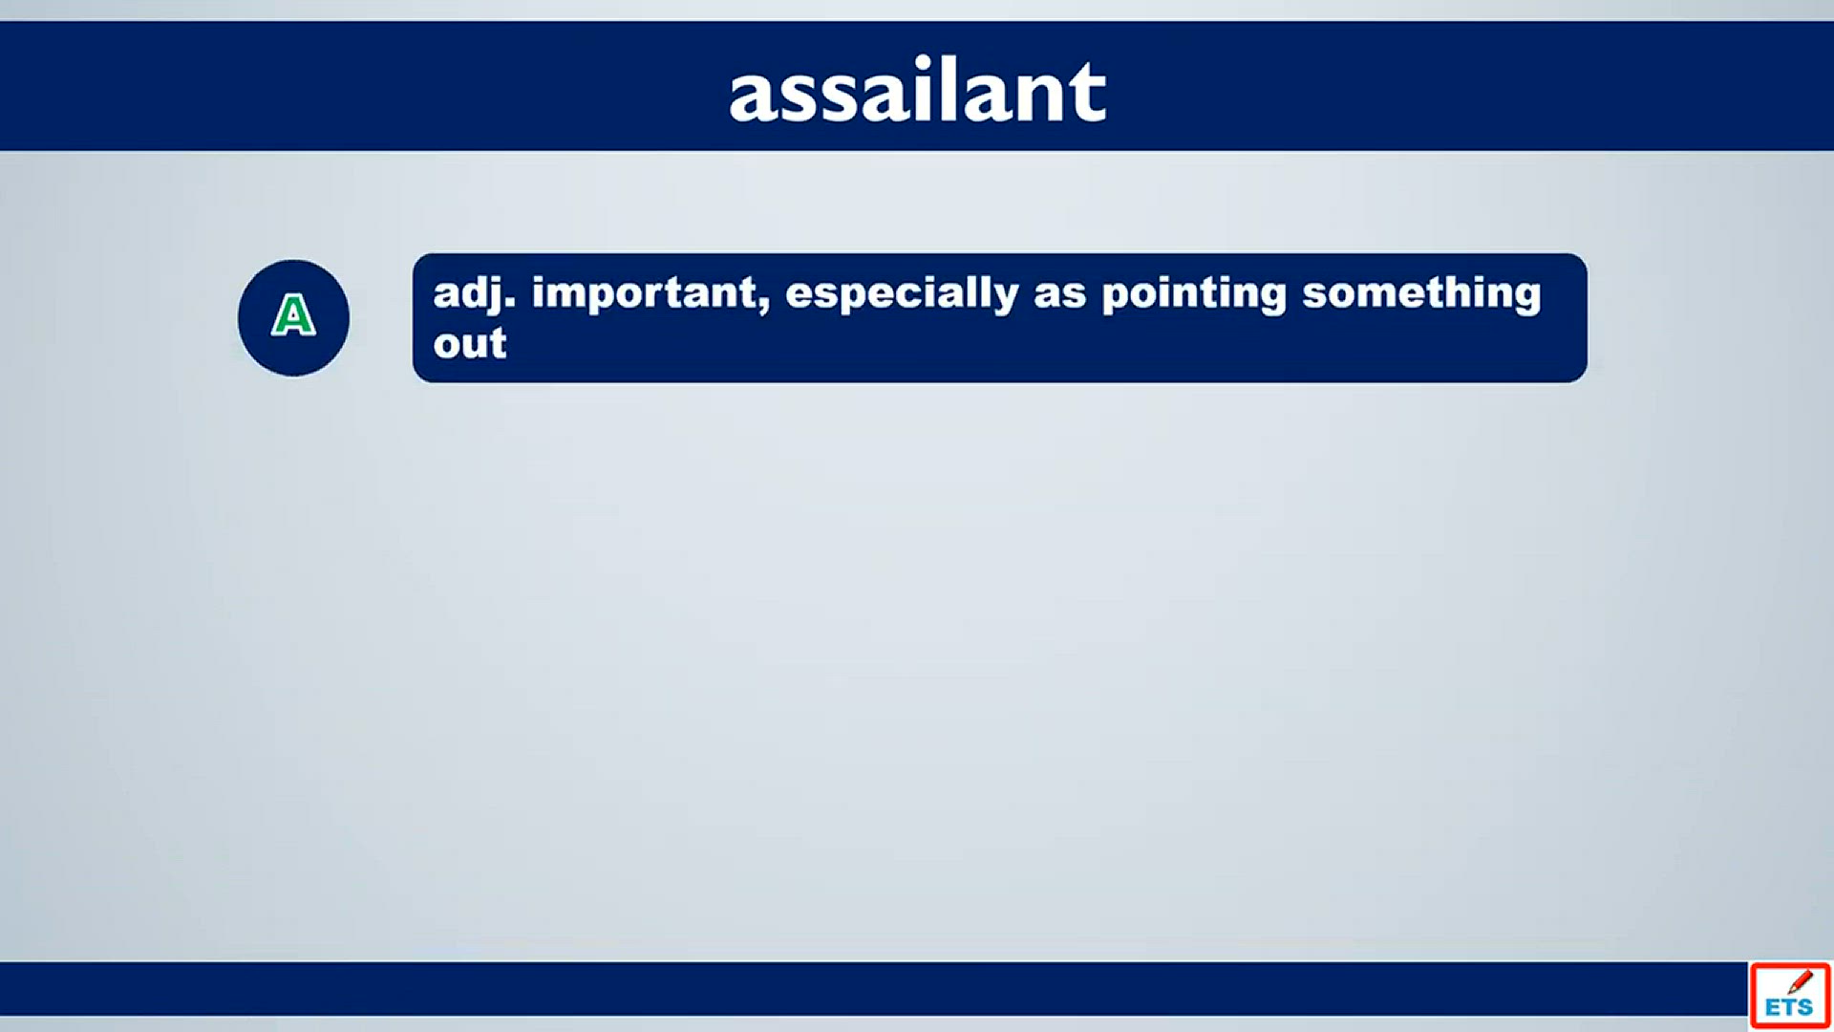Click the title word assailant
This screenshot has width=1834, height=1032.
coord(917,90)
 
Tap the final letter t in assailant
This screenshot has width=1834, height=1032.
coord(1086,94)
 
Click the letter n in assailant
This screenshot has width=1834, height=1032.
coord(1035,98)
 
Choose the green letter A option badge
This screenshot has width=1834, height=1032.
coord(293,316)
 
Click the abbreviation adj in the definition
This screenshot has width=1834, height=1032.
coord(468,294)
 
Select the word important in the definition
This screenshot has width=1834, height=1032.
coord(644,292)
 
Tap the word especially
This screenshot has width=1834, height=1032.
coord(902,294)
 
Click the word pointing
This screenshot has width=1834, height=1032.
coord(1194,294)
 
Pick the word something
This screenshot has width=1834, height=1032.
coord(1421,294)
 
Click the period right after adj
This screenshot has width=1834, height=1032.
coord(510,305)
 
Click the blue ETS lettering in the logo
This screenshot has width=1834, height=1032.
coord(1789,1007)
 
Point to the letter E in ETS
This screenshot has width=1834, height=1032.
coord(1772,1007)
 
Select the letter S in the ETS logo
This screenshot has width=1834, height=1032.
coord(1805,1007)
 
